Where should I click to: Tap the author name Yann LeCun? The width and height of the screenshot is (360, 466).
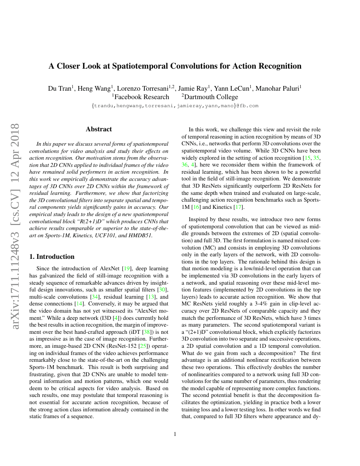click(234, 89)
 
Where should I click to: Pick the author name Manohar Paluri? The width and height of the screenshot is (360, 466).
click(280, 89)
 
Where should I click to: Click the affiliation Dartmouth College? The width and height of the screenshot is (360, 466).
click(210, 97)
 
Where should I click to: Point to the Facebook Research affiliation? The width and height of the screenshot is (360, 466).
click(140, 97)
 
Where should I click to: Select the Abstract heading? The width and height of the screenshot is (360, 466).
click(99, 129)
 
